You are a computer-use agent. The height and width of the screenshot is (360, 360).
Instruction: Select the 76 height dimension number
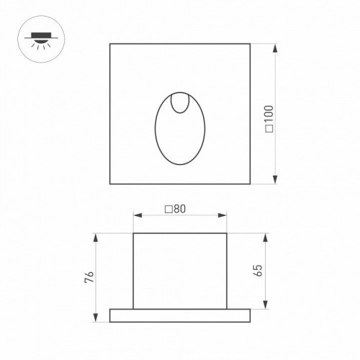coord(88,277)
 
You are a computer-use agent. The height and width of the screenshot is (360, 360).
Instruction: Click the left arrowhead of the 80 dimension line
coord(136,215)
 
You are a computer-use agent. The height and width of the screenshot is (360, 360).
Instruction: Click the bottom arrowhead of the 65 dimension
coord(266,306)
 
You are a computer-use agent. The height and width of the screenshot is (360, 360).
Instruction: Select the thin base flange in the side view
coord(180,315)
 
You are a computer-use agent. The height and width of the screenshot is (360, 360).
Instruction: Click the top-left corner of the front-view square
coord(110,44)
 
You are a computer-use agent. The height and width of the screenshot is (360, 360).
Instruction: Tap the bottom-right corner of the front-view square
coord(250,184)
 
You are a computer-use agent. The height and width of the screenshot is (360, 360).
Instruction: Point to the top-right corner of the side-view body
coord(227,233)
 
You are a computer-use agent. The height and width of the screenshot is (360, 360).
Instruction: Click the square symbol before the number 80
coord(168,210)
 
